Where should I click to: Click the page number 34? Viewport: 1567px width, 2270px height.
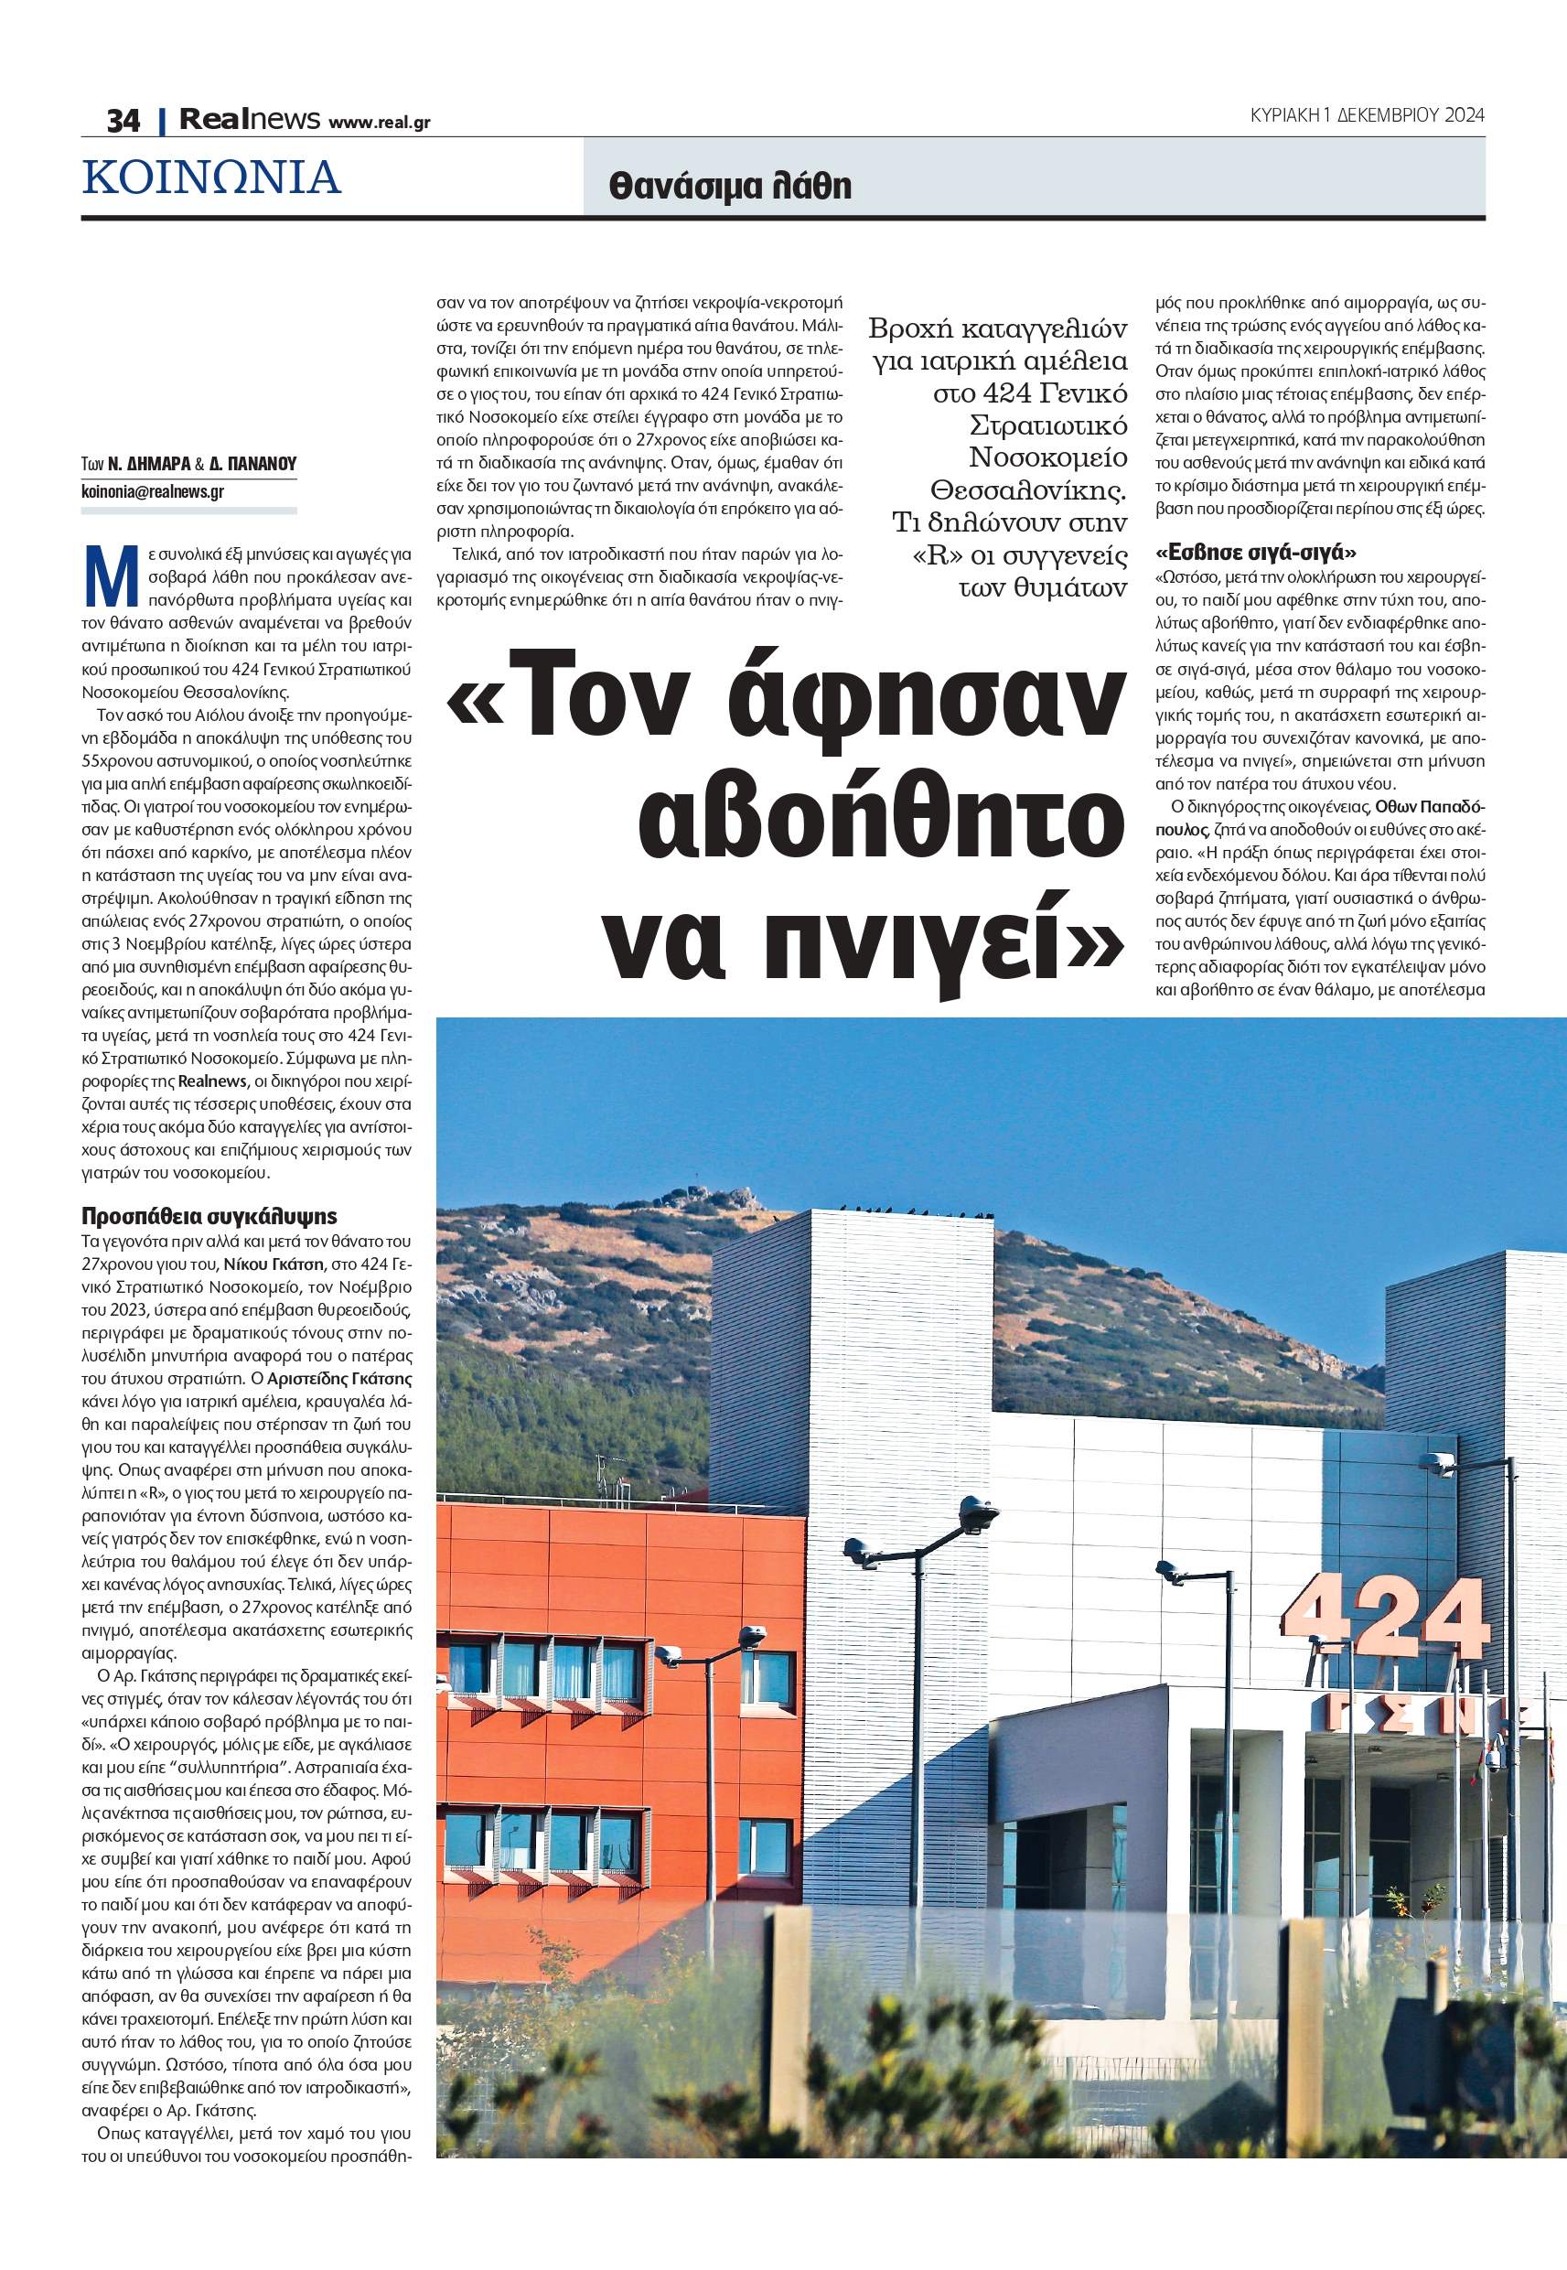pyautogui.click(x=123, y=120)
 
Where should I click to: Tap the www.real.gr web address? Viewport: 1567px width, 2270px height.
pyautogui.click(x=379, y=123)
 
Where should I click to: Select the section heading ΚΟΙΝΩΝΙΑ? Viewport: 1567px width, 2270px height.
pyautogui.click(x=212, y=177)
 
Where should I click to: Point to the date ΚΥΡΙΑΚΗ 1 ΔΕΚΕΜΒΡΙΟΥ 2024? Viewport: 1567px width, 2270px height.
pyautogui.click(x=1367, y=115)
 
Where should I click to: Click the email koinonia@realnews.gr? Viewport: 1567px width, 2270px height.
pyautogui.click(x=152, y=492)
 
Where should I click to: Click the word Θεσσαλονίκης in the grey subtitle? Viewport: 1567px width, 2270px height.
pyautogui.click(x=1028, y=489)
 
